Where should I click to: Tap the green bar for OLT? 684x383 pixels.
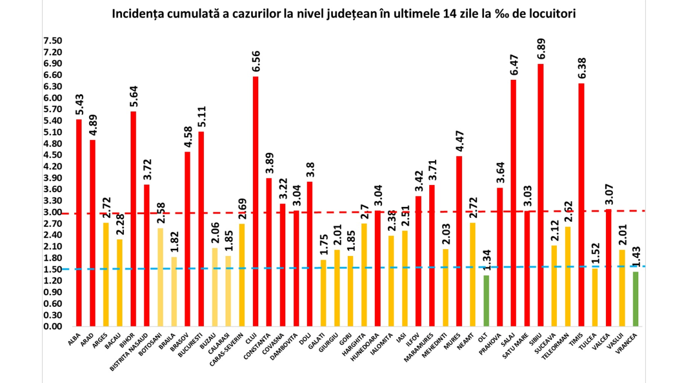(486, 300)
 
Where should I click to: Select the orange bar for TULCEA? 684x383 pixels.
(595, 297)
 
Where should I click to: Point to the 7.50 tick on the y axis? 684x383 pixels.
(52, 41)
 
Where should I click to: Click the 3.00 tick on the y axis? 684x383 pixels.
(52, 212)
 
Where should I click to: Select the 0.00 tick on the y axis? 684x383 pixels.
(52, 326)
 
